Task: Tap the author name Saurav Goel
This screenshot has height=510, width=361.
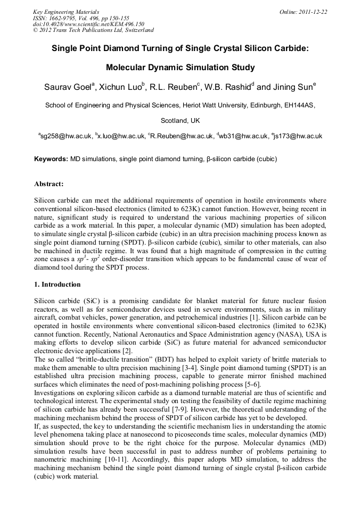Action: pos(67,86)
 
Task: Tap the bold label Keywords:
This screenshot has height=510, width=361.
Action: pos(51,158)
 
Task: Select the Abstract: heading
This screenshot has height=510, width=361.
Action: pos(48,184)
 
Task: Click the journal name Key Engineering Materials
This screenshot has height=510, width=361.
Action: pos(65,11)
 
